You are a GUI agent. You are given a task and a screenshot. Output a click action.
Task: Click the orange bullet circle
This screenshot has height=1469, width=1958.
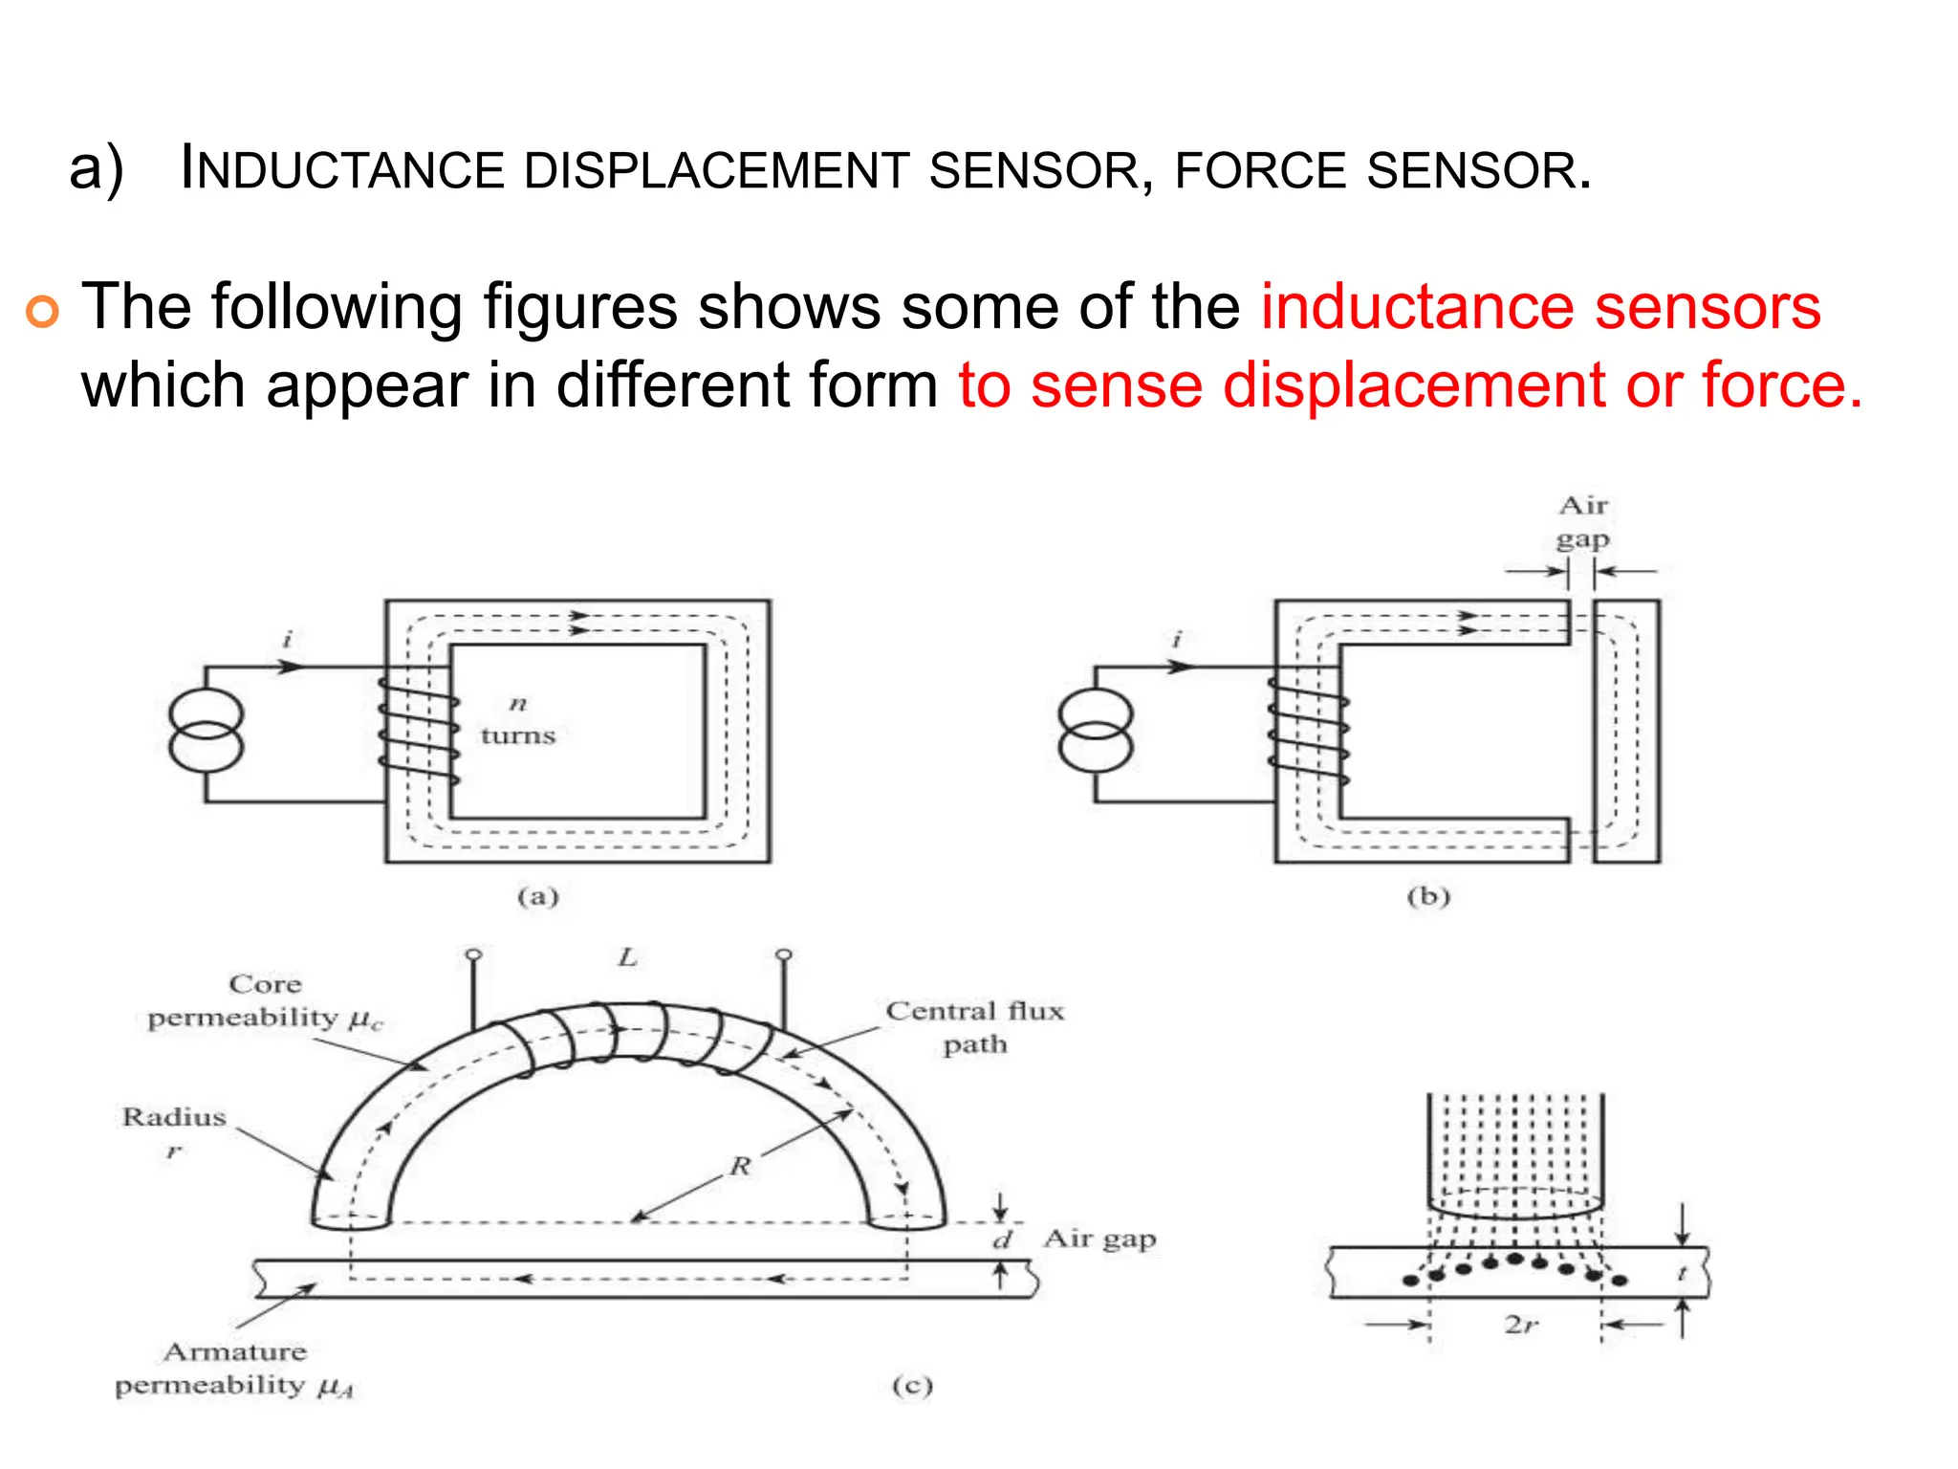pyautogui.click(x=43, y=312)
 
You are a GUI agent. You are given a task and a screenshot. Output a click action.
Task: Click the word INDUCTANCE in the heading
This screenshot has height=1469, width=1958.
pyautogui.click(x=341, y=170)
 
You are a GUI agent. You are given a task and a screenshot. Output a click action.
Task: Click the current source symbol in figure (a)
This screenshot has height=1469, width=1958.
pyautogui.click(x=206, y=734)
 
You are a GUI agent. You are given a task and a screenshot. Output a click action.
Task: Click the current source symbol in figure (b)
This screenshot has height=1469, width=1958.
pyautogui.click(x=1096, y=734)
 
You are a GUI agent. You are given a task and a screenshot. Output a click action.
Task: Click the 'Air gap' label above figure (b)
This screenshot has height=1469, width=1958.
pyautogui.click(x=1582, y=521)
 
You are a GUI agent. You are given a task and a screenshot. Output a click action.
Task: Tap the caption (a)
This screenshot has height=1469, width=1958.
pyautogui.click(x=537, y=896)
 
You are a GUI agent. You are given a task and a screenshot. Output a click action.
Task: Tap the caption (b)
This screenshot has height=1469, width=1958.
pyautogui.click(x=1428, y=896)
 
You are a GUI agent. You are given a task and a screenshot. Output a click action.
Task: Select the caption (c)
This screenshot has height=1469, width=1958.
pyautogui.click(x=911, y=1386)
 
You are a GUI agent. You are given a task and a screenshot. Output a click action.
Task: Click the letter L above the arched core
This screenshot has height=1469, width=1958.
pyautogui.click(x=627, y=957)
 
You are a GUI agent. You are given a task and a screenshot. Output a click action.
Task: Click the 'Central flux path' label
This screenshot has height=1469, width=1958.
pyautogui.click(x=974, y=1027)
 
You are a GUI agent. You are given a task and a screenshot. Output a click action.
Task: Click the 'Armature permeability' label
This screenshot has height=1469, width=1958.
pyautogui.click(x=234, y=1369)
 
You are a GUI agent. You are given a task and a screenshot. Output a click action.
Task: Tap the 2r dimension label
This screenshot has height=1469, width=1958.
pyautogui.click(x=1521, y=1325)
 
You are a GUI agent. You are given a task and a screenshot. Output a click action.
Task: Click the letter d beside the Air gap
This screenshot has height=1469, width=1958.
pyautogui.click(x=1002, y=1240)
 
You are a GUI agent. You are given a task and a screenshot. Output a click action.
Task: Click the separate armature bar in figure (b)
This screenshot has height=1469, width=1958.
pyautogui.click(x=1626, y=732)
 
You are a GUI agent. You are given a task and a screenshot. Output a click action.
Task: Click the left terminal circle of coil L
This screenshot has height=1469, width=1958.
pyautogui.click(x=473, y=954)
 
